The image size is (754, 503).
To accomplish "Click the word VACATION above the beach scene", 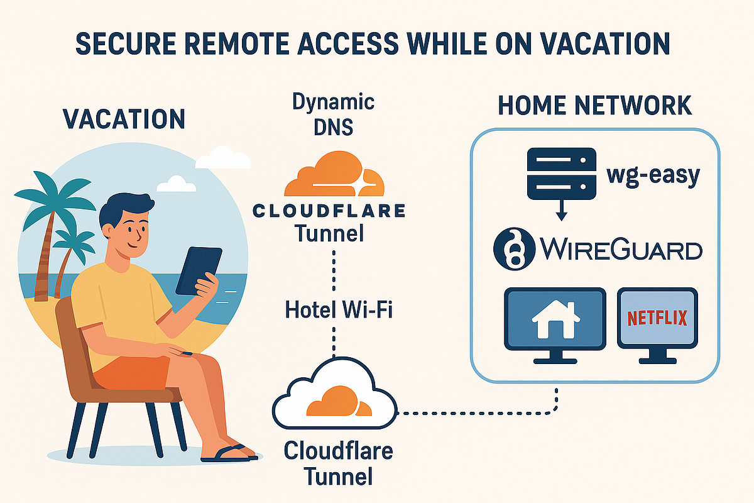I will (x=124, y=119).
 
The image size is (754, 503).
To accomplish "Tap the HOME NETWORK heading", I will (x=594, y=106).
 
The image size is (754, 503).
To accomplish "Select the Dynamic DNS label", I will (x=334, y=114).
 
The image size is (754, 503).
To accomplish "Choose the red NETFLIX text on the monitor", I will (x=657, y=317).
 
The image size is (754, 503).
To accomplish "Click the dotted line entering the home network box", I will (x=557, y=396).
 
